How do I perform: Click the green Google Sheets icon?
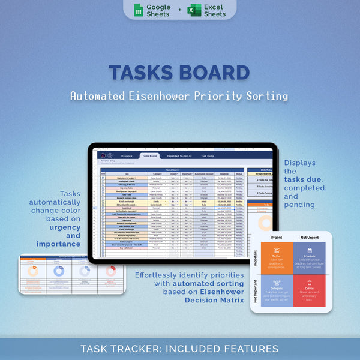(x=137, y=10)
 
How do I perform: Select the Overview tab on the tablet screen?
(x=127, y=156)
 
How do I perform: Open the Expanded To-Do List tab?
(x=180, y=156)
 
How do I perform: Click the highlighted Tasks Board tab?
(x=150, y=156)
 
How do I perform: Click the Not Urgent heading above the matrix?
(x=310, y=238)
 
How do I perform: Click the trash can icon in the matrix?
(x=310, y=282)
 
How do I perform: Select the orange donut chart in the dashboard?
(x=34, y=271)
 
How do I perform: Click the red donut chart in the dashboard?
(x=110, y=271)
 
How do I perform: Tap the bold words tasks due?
(x=304, y=179)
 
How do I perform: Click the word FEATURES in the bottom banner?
(x=251, y=349)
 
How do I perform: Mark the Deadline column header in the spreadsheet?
(x=224, y=174)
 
